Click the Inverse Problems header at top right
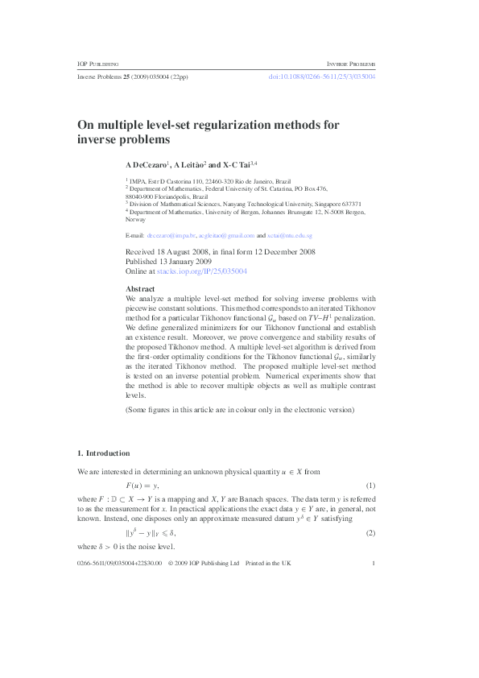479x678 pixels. click(351, 63)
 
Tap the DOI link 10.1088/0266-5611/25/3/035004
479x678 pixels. click(321, 77)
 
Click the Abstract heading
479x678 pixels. click(141, 288)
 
